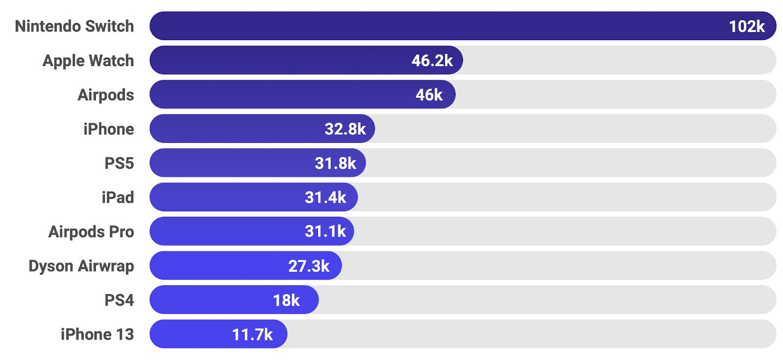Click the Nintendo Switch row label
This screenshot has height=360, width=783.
(x=74, y=26)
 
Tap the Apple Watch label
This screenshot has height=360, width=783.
(x=88, y=61)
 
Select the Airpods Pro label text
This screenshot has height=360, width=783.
(x=91, y=232)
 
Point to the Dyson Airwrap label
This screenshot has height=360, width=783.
(x=81, y=266)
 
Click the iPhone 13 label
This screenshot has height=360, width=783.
(x=97, y=335)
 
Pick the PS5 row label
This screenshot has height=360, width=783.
(x=119, y=163)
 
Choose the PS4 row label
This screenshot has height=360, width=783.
(x=119, y=300)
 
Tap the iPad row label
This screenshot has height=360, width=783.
(x=117, y=198)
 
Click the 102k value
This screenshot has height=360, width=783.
(x=746, y=26)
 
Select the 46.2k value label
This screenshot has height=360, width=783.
(x=432, y=61)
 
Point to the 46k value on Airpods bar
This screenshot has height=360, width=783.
(x=429, y=95)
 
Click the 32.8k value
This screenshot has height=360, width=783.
(x=345, y=129)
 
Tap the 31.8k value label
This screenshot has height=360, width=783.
(x=335, y=163)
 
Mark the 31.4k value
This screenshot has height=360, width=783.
(x=325, y=198)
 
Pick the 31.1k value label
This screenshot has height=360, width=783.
(x=325, y=231)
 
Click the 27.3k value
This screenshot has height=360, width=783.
(x=309, y=266)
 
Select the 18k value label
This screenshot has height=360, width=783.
(x=286, y=300)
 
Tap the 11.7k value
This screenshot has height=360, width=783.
(x=252, y=335)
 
